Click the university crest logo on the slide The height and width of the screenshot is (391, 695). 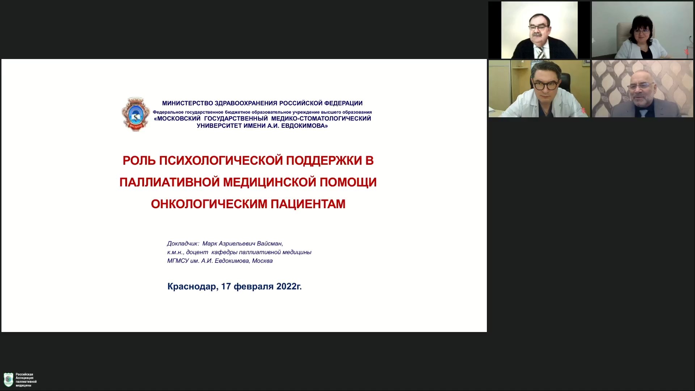[136, 114]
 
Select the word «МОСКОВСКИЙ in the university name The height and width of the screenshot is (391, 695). [177, 118]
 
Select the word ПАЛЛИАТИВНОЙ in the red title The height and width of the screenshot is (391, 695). [169, 182]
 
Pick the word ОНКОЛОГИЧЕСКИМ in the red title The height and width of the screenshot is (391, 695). [209, 204]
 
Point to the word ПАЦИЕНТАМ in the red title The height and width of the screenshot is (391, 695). [308, 204]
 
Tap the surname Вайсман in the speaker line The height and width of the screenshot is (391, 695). [270, 244]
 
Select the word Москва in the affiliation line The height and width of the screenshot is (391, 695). [262, 261]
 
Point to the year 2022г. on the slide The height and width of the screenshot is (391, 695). [289, 286]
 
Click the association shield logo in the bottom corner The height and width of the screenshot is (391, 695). [9, 380]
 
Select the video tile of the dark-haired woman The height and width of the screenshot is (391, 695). [643, 30]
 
